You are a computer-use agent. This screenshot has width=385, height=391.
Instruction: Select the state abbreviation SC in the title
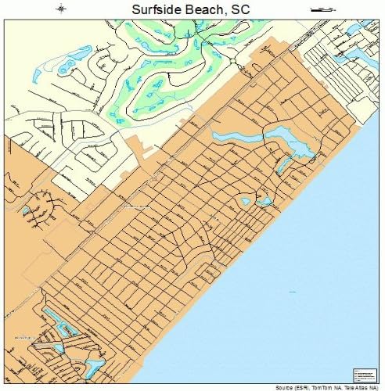[240, 9]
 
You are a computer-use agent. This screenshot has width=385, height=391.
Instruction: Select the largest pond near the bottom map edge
[95, 365]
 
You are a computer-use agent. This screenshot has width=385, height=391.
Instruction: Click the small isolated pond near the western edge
[26, 210]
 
